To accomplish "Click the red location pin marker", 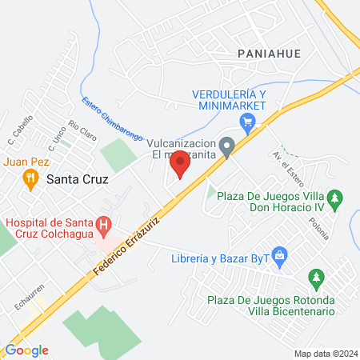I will (180, 164).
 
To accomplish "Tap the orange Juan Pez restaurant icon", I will (30, 178).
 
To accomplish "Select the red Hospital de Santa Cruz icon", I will (103, 226).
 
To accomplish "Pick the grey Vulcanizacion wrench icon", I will (228, 146).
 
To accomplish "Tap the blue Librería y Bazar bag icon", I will (280, 257).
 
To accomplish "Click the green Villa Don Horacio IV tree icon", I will (337, 196).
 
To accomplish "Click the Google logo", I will (26, 350).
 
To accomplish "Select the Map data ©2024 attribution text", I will (325, 353).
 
